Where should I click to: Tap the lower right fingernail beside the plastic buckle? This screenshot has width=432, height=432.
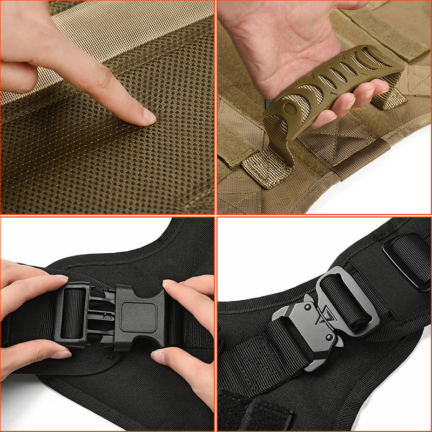point(159,356)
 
